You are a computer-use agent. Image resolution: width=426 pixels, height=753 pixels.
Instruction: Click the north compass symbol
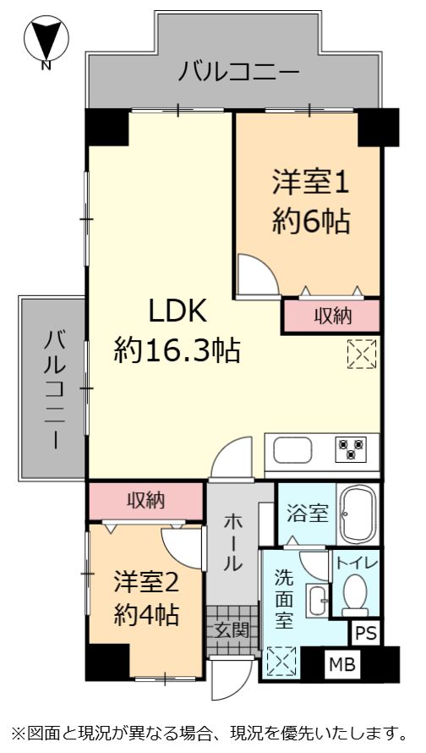click(46, 39)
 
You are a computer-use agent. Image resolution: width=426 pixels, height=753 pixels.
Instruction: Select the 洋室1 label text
click(310, 183)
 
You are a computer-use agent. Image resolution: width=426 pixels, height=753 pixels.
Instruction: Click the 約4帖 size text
click(147, 613)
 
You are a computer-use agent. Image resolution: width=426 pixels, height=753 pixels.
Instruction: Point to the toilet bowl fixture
click(356, 595)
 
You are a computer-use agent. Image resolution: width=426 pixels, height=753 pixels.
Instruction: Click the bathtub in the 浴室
click(358, 514)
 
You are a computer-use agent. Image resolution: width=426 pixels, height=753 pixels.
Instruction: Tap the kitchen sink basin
click(292, 450)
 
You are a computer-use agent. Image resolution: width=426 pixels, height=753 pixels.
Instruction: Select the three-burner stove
click(351, 449)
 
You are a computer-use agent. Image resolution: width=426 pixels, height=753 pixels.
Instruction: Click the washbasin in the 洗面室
click(317, 601)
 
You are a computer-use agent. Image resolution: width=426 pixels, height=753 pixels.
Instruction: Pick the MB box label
click(342, 665)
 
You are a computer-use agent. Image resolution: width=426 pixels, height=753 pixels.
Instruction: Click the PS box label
click(366, 634)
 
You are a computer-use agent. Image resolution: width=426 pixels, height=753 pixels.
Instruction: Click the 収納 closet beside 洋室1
click(332, 316)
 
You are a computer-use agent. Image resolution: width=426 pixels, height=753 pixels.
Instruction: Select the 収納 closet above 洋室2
click(145, 501)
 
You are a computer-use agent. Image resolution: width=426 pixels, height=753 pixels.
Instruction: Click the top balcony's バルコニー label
click(239, 72)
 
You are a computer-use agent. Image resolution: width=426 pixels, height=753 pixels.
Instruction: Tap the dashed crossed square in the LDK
click(362, 354)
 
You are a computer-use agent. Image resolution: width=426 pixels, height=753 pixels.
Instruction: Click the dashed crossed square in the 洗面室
click(281, 662)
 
